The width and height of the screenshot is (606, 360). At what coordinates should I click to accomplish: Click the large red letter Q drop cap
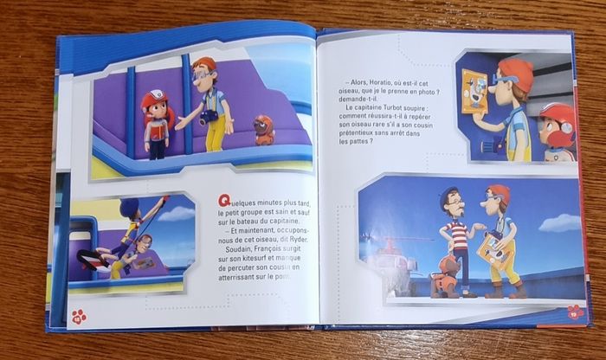(x=224, y=201)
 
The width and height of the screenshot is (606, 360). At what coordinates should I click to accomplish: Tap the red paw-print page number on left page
(x=80, y=317)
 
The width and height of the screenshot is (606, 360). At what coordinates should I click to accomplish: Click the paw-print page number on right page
(x=576, y=312)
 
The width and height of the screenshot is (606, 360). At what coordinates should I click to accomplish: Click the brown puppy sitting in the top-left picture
(x=264, y=130)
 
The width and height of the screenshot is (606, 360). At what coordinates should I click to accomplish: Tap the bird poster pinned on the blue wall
(x=474, y=91)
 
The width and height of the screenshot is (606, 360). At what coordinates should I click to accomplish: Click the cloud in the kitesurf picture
(x=176, y=214)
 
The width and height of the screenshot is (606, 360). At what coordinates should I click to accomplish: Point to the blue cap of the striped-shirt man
(x=450, y=195)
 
